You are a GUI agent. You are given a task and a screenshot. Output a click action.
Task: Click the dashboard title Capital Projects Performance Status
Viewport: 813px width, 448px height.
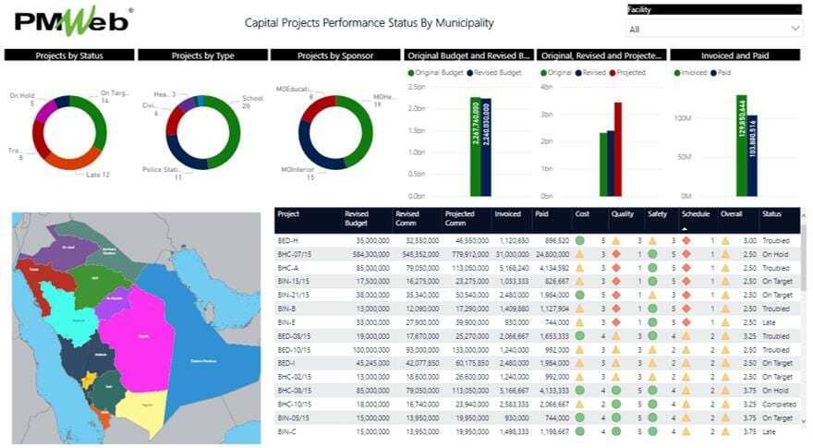click(x=369, y=22)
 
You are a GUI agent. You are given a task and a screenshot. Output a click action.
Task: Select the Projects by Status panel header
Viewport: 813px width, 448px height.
click(x=69, y=55)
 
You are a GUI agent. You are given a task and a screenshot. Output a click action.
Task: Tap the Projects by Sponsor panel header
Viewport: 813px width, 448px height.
click(x=335, y=55)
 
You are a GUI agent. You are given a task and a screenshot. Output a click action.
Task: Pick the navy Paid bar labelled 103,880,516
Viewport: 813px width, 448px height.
click(x=753, y=155)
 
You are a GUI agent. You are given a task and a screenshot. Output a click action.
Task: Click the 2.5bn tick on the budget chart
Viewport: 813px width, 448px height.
click(x=416, y=87)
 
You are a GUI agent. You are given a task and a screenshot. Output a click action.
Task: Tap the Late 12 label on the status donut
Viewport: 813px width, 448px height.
click(x=98, y=175)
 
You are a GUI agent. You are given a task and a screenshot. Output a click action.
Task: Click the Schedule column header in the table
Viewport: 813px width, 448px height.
click(x=696, y=214)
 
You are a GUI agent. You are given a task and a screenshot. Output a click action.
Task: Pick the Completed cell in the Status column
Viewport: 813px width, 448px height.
click(x=776, y=405)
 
